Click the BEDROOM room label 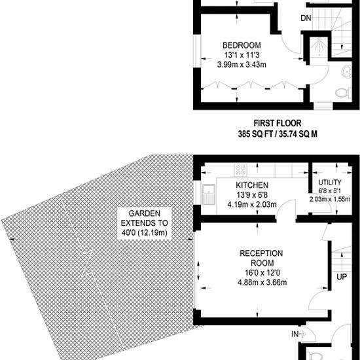pyautogui.click(x=242, y=45)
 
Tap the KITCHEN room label pyautogui.click(x=252, y=185)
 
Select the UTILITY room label pyautogui.click(x=330, y=183)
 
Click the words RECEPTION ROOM pyautogui.click(x=262, y=258)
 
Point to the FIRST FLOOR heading pyautogui.click(x=278, y=123)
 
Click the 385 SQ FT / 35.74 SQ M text pyautogui.click(x=278, y=134)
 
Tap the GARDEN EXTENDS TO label pyautogui.click(x=145, y=218)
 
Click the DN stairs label pyautogui.click(x=306, y=18)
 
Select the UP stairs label pyautogui.click(x=342, y=277)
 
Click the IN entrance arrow pyautogui.click(x=302, y=334)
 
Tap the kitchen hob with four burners pyautogui.click(x=241, y=170)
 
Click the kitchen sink pyautogui.click(x=209, y=194)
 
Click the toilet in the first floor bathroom pyautogui.click(x=343, y=93)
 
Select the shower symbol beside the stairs pyautogui.click(x=319, y=47)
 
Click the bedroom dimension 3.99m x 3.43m pyautogui.click(x=242, y=65)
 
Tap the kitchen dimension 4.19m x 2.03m pyautogui.click(x=252, y=204)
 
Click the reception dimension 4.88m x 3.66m pyautogui.click(x=262, y=282)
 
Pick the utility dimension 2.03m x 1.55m pyautogui.click(x=330, y=199)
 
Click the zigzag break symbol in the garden pyautogui.click(x=87, y=263)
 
